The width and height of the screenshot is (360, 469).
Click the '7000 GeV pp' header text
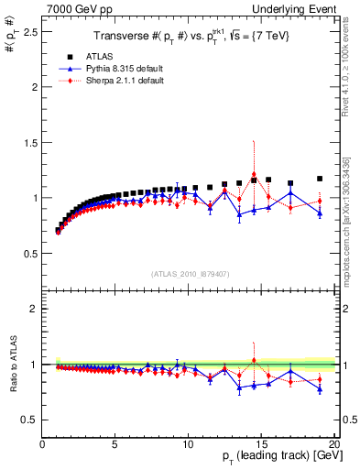(x=38, y=8)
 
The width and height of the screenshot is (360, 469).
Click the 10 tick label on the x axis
(x=189, y=444)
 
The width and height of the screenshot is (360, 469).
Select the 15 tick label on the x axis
(x=261, y=444)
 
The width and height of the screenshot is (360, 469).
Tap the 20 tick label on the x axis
(x=333, y=444)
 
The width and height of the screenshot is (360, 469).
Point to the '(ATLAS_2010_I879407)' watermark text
(x=189, y=273)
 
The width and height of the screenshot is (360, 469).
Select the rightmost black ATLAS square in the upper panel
(x=320, y=179)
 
